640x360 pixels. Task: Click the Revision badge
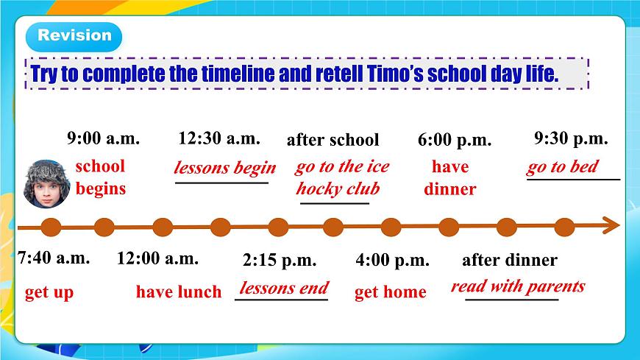(74, 37)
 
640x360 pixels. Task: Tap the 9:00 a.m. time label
(103, 138)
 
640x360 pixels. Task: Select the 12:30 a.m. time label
(219, 138)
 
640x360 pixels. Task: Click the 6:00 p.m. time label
(455, 140)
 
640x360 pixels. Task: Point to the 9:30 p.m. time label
(571, 138)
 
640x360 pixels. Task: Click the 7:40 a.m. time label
(54, 258)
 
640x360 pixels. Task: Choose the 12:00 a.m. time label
(157, 258)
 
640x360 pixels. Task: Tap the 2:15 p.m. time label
(280, 261)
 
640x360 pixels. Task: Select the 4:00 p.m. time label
(392, 261)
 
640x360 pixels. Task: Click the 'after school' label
(333, 140)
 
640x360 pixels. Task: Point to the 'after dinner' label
(510, 260)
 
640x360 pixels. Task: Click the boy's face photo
(46, 183)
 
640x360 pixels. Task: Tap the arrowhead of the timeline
(611, 225)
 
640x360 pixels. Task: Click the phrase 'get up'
(49, 292)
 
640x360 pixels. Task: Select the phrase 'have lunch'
(179, 292)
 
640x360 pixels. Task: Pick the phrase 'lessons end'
(284, 288)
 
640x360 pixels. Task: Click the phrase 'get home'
(390, 292)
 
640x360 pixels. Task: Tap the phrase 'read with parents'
(518, 286)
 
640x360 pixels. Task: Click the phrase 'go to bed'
(563, 166)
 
